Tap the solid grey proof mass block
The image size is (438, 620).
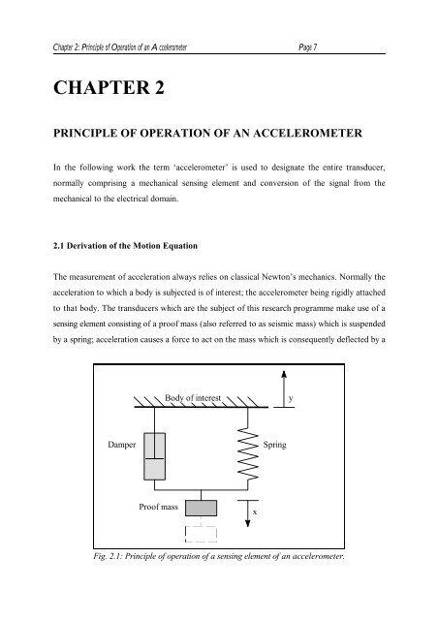point(201,509)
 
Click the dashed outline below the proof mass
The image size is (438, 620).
point(201,533)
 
